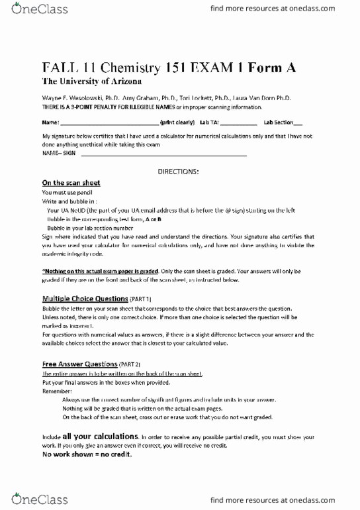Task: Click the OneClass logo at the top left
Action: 31,9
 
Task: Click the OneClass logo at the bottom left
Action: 31,499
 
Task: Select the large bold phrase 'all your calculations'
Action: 100,436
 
